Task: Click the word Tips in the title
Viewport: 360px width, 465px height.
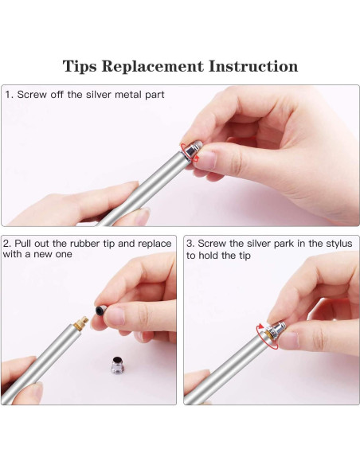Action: [80, 66]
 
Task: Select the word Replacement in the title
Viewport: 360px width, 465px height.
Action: [152, 66]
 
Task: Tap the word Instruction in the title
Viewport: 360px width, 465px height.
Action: [253, 66]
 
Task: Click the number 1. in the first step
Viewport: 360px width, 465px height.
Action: [10, 95]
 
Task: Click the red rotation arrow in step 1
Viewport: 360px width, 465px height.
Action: [189, 152]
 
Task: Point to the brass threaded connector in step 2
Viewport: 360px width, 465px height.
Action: [80, 323]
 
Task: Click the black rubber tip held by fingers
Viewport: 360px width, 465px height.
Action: [101, 311]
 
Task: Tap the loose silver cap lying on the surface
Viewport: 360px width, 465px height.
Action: [117, 365]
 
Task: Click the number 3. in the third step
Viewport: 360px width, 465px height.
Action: [190, 244]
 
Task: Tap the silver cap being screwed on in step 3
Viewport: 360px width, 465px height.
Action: [276, 330]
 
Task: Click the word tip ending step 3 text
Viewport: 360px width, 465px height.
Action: [245, 256]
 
